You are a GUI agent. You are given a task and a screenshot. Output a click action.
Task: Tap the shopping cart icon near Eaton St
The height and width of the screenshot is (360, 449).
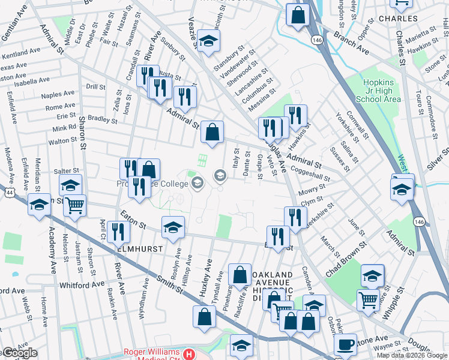(x=75, y=206)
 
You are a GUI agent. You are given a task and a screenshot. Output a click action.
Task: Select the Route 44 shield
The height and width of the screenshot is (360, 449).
(x=11, y=192)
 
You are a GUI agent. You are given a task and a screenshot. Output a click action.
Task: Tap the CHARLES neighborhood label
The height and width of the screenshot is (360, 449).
(x=398, y=19)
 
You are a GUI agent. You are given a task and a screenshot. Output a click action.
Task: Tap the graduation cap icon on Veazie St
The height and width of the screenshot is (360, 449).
(x=209, y=41)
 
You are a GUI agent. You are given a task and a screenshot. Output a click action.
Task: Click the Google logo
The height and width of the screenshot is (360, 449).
(x=19, y=353)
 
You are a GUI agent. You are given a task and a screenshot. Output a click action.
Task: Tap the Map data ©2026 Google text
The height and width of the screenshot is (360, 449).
(x=412, y=355)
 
